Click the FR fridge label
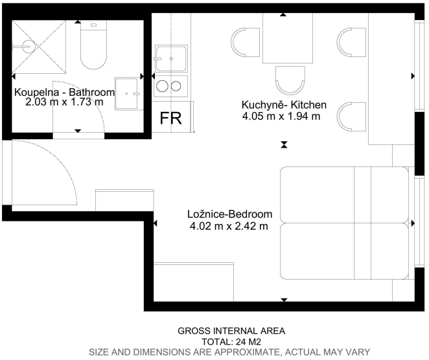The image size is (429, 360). click(170, 118)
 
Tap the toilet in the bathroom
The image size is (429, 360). click(93, 45)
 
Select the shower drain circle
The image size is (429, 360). click(28, 46)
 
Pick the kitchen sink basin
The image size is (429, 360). click(171, 58)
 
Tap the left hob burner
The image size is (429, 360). click(162, 86)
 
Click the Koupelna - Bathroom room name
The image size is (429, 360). click(64, 92)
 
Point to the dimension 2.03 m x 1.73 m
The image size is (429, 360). click(65, 102)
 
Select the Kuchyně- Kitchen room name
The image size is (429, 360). click(284, 105)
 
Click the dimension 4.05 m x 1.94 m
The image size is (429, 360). click(281, 116)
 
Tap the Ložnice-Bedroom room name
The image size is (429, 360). click(230, 214)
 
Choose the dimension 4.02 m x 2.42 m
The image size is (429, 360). click(229, 226)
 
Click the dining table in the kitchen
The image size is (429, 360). click(288, 38)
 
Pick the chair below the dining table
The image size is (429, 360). click(290, 80)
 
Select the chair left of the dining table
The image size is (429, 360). click(244, 42)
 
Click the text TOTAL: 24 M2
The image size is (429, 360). click(231, 342)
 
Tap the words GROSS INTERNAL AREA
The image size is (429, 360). click(231, 331)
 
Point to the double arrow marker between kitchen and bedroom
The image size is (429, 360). click(284, 144)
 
